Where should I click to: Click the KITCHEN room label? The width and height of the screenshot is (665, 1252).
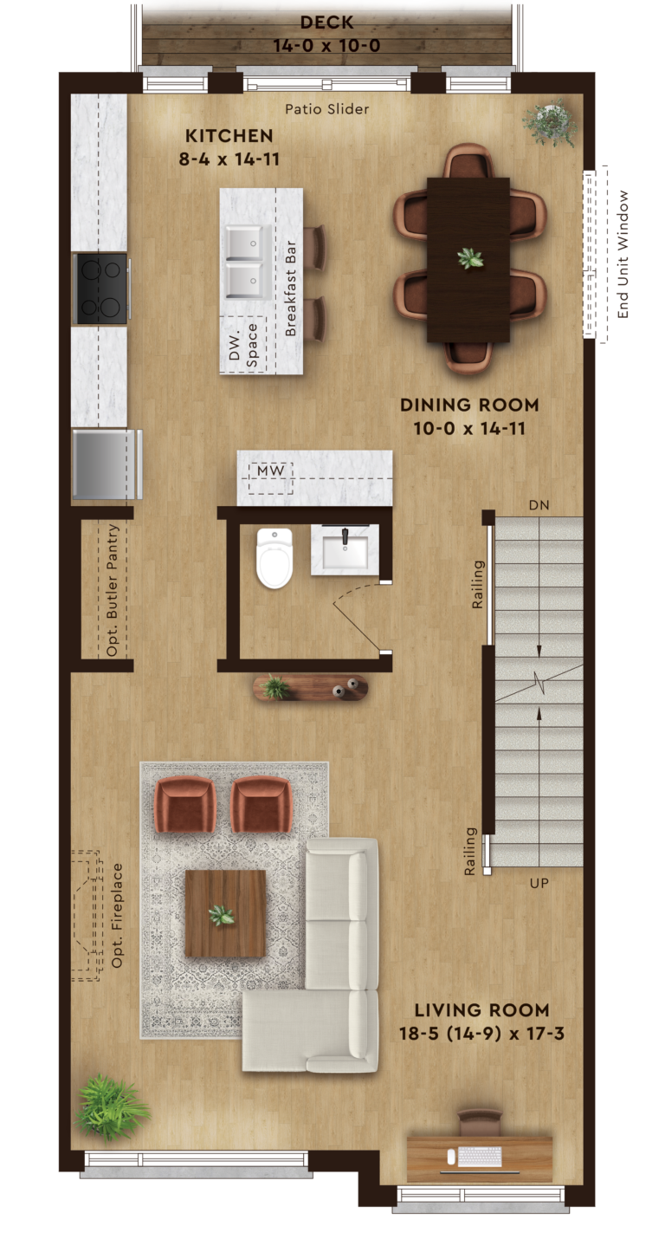[229, 136]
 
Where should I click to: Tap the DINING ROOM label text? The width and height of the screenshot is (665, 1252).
[469, 405]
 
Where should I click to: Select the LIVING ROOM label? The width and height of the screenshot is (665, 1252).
[481, 1010]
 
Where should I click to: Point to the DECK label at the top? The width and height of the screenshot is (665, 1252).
[326, 23]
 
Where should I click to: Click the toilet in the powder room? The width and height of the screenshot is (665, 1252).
[274, 558]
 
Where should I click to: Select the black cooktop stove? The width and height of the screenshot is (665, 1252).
[101, 289]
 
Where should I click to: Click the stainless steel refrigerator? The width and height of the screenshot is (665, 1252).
[107, 464]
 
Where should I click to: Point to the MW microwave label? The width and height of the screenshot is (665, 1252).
[271, 470]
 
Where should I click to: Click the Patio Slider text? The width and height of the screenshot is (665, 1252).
[326, 109]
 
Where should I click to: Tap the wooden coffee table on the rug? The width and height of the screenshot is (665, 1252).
[225, 913]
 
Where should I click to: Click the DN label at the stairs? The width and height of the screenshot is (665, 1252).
[539, 505]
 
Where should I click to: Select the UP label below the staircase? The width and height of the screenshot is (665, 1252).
[539, 883]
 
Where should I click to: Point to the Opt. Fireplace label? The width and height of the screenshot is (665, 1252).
[117, 916]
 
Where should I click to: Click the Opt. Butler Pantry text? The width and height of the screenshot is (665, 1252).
[113, 590]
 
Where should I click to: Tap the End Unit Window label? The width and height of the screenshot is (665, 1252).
[623, 255]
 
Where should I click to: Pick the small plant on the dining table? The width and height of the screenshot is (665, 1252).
[470, 258]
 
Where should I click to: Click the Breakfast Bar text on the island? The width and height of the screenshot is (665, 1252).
[290, 289]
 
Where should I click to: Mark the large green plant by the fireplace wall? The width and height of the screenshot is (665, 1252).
[111, 1106]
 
